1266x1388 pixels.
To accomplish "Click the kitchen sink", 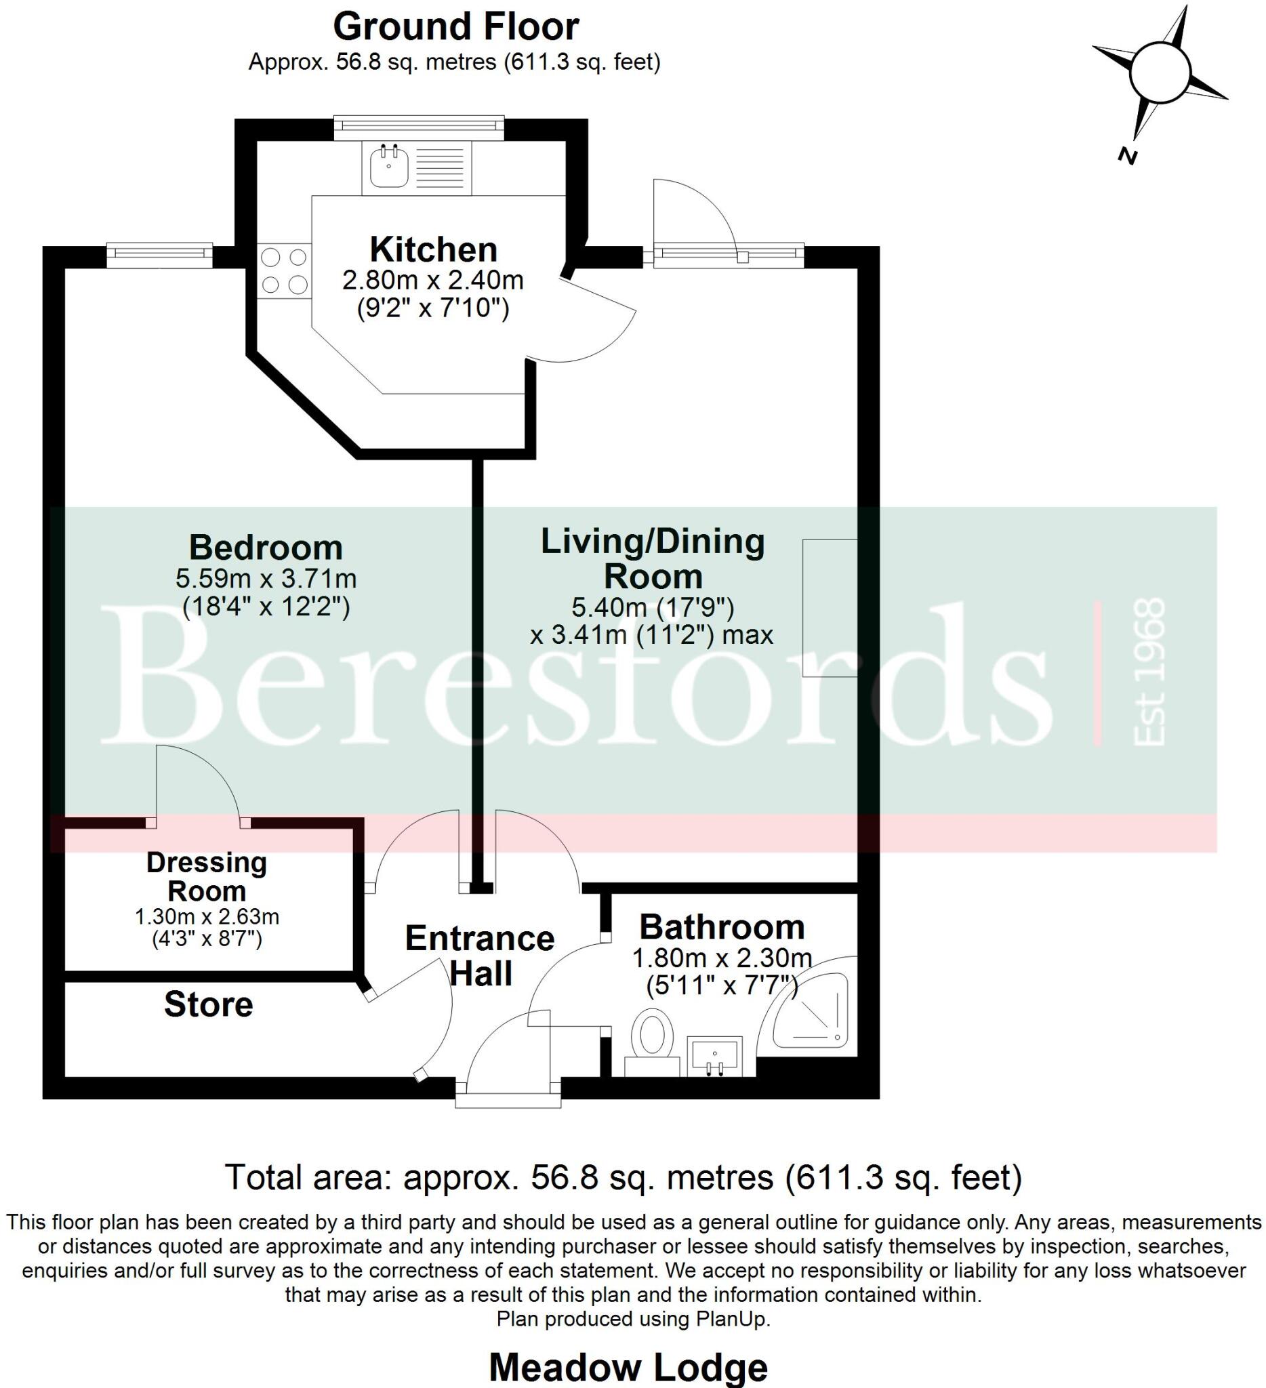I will point(389,167).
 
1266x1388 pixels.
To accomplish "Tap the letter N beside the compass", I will point(1127,157).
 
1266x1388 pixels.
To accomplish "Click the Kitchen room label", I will point(433,250).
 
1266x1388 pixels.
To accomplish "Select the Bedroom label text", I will point(266,548).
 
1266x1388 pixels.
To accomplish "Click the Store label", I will point(208,1004).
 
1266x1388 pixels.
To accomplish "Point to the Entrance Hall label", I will point(480,956).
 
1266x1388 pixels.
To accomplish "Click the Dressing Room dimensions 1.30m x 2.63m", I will point(207,917).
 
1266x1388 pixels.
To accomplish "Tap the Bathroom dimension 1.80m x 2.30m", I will point(722,958).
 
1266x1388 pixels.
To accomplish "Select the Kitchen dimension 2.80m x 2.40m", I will point(433,280).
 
